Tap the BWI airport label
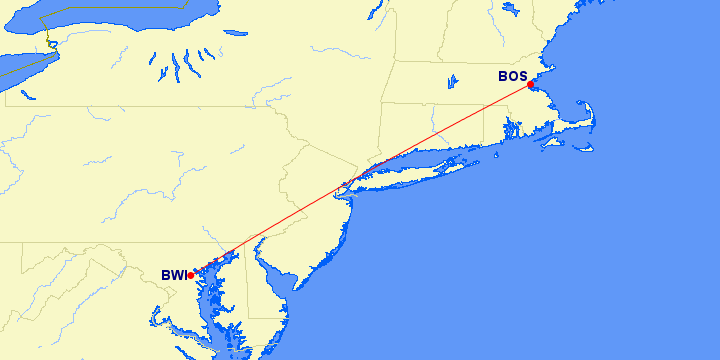click(174, 275)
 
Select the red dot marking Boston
click(531, 84)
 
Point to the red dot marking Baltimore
click(190, 275)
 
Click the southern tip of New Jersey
click(296, 287)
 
